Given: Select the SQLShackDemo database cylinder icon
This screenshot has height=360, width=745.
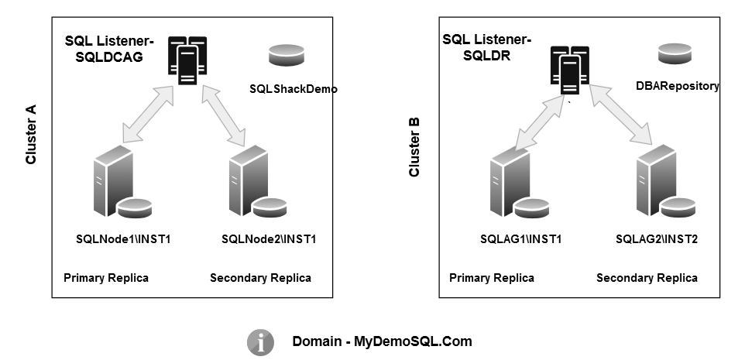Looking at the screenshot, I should (x=287, y=57).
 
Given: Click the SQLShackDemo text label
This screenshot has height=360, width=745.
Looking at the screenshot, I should (x=294, y=89).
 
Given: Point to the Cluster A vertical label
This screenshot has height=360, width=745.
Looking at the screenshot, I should (x=32, y=135).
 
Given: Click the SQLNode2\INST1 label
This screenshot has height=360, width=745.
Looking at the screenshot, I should (x=268, y=238).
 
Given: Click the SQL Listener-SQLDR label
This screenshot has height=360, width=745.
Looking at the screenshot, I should (x=486, y=48).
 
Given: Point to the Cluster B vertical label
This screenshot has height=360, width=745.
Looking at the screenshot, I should (x=414, y=147).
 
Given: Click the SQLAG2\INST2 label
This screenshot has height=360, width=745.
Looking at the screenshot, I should (x=657, y=238).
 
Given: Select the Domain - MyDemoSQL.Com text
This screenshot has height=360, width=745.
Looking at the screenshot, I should (x=382, y=341).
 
